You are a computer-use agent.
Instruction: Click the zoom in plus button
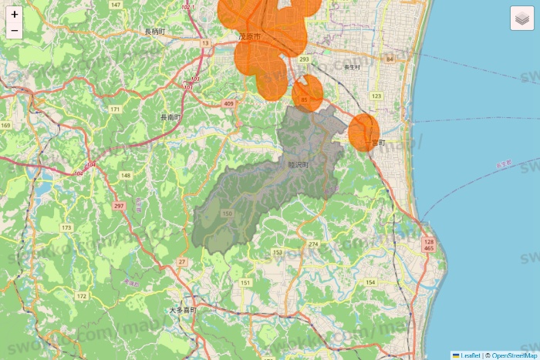tap(15, 14)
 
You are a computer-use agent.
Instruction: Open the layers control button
tap(522, 18)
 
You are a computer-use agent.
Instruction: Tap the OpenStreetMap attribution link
tap(513, 355)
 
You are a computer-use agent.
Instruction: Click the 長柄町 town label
tap(154, 32)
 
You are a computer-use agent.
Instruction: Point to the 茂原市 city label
tap(249, 36)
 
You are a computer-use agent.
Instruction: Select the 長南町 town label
tap(170, 117)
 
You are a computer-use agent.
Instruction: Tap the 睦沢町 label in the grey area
tap(298, 164)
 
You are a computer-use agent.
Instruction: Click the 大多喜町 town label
tap(183, 310)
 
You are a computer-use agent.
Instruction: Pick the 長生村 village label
tap(352, 67)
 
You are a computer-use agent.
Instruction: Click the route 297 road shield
tap(118, 206)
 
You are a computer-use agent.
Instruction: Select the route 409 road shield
tap(228, 103)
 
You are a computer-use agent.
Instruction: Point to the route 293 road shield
tap(304, 59)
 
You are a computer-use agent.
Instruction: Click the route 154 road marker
tap(370, 283)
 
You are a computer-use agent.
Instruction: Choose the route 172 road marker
tap(82, 296)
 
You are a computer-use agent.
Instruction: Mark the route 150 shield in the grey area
tap(227, 214)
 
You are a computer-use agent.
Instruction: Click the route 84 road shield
tap(390, 59)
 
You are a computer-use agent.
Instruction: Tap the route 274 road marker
tap(313, 244)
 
